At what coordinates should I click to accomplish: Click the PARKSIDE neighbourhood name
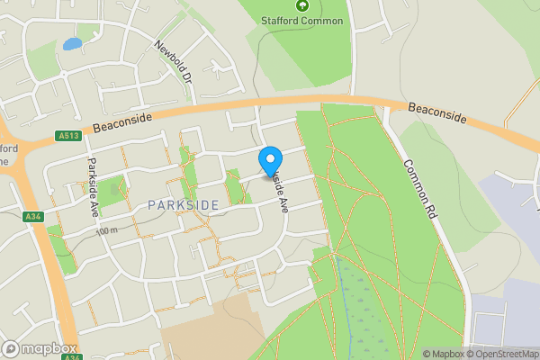[183, 206]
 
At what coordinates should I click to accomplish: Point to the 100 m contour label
[106, 231]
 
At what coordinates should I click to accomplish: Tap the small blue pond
[72, 42]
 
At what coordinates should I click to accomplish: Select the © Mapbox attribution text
[446, 354]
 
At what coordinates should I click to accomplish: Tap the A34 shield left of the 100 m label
[33, 216]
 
